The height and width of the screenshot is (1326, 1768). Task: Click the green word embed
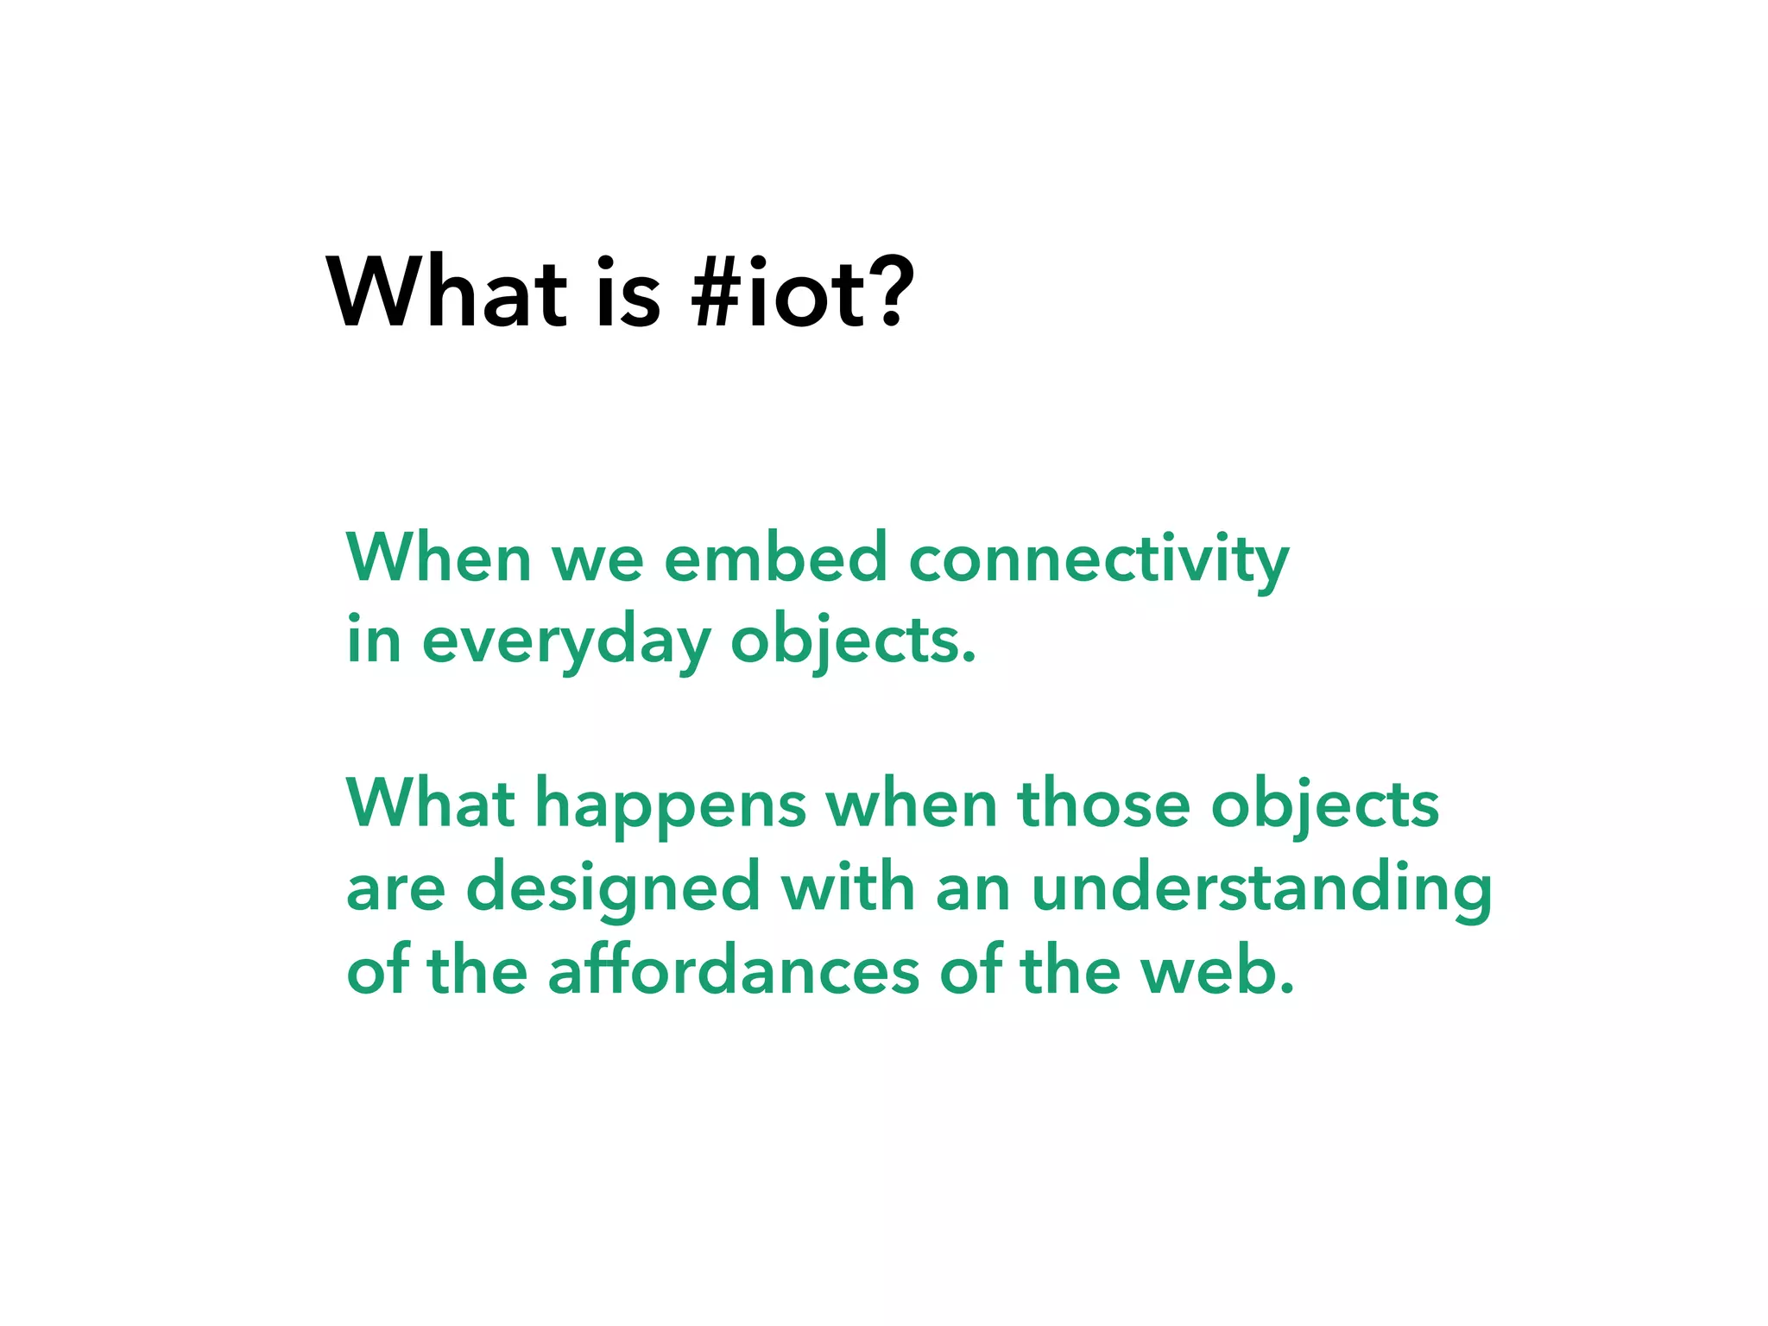click(x=776, y=558)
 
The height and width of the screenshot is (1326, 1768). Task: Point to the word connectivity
click(x=1099, y=559)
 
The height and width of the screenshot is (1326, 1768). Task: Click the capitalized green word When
click(x=439, y=558)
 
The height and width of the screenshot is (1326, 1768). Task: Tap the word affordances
click(x=734, y=970)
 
